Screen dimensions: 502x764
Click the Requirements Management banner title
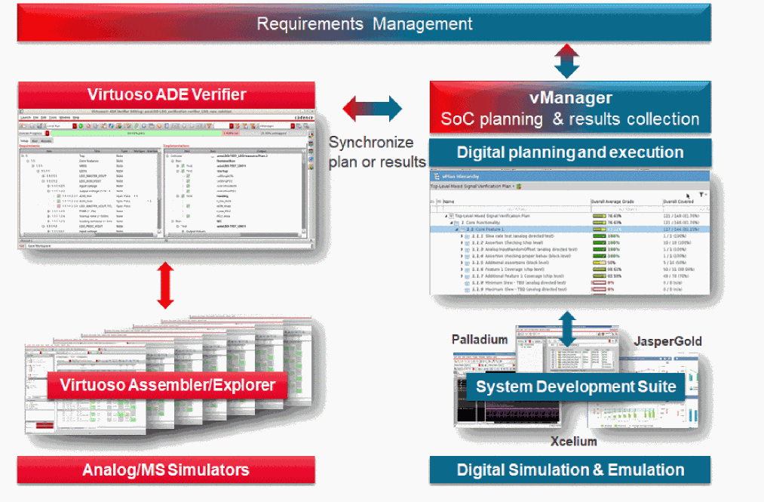(364, 23)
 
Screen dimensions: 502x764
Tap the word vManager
(569, 98)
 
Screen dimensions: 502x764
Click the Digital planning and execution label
(570, 152)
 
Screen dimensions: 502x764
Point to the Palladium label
(480, 339)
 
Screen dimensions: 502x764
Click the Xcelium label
(573, 441)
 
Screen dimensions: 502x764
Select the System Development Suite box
(575, 387)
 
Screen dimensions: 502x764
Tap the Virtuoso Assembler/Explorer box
(167, 386)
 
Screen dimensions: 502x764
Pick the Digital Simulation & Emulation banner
(570, 470)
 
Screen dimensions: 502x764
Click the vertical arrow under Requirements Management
(566, 61)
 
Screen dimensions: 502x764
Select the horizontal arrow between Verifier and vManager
(372, 109)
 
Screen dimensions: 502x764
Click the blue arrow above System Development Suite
(567, 325)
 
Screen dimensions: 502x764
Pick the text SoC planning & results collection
(569, 119)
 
